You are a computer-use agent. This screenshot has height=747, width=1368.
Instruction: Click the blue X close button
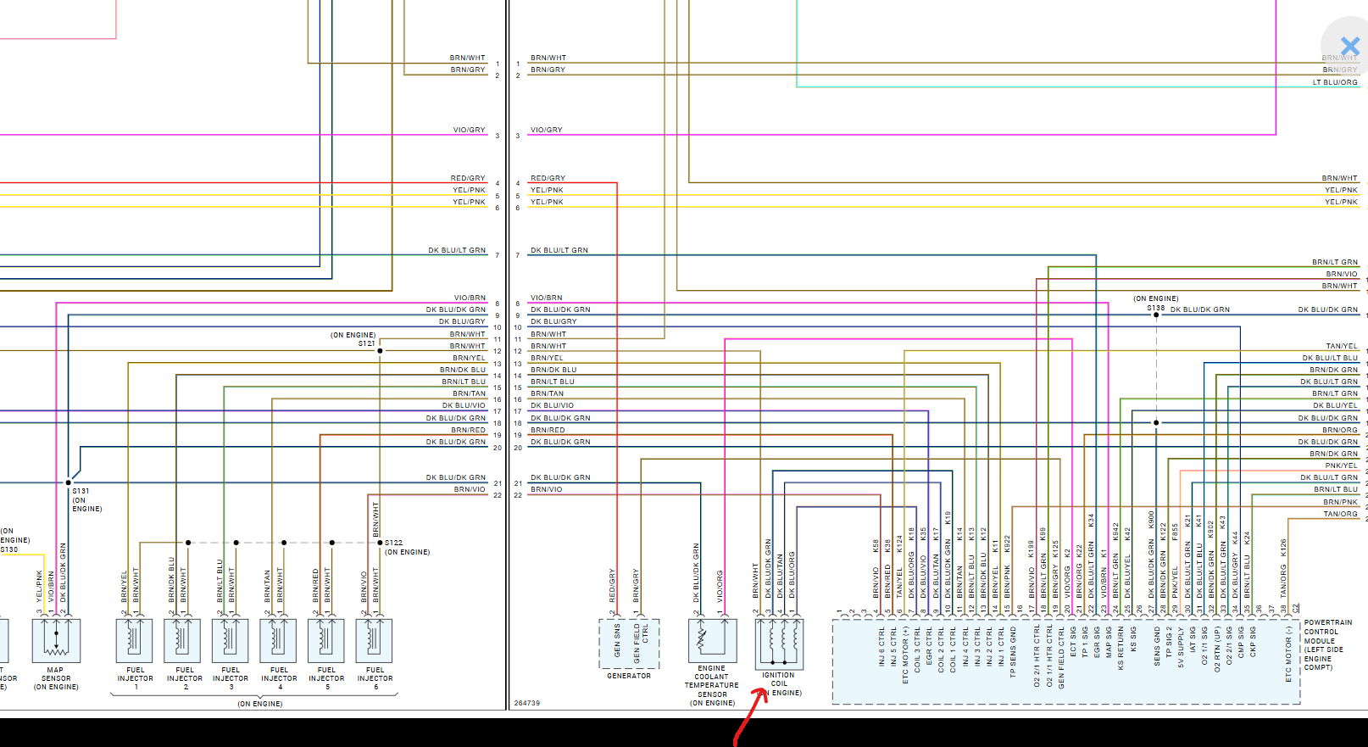(1349, 46)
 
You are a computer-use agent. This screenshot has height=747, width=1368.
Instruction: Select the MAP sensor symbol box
(56, 640)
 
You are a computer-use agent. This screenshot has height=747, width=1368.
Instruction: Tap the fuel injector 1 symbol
(134, 640)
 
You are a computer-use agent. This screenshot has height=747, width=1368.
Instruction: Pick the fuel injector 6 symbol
(374, 640)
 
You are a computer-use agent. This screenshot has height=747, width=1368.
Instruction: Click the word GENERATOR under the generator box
(629, 676)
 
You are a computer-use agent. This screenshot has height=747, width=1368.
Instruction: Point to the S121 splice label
(366, 343)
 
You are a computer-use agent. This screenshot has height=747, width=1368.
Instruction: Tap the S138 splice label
(1155, 308)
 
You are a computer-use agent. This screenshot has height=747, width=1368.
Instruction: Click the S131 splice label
(81, 491)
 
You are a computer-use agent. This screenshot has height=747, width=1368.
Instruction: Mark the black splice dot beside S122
(380, 543)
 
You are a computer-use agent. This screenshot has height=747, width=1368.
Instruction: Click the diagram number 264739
(526, 703)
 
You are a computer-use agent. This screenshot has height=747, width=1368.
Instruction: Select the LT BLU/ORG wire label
(1334, 82)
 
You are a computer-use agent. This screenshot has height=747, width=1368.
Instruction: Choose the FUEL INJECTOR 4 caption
(279, 677)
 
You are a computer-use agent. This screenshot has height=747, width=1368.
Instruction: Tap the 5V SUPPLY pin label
(1181, 648)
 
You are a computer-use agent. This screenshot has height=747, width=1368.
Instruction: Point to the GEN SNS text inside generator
(617, 641)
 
